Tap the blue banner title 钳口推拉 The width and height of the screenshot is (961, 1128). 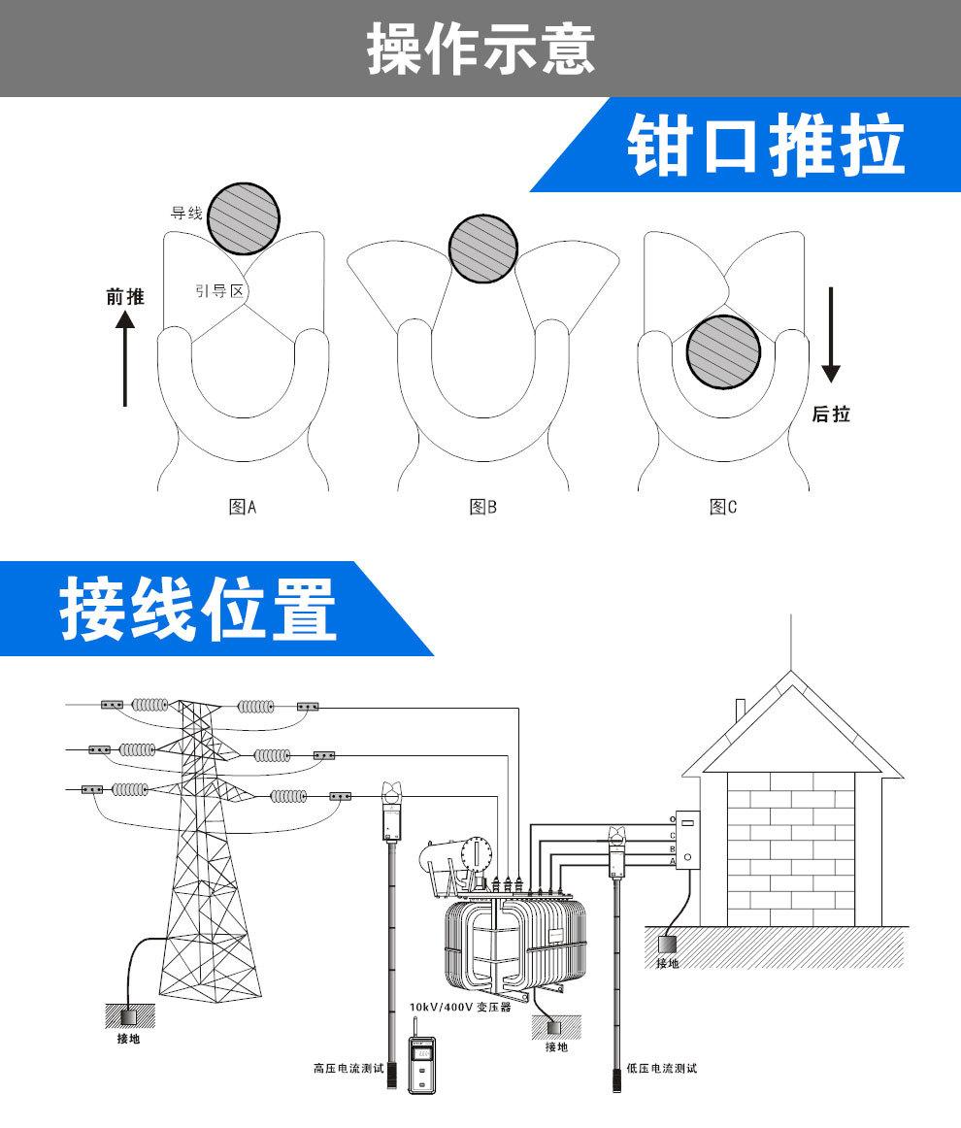click(766, 147)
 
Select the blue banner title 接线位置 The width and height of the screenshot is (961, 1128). click(199, 609)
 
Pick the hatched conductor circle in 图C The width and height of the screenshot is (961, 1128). click(724, 350)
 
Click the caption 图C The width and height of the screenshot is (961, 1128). click(723, 507)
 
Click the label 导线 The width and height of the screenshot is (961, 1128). click(186, 213)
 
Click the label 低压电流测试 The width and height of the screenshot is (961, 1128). click(662, 1069)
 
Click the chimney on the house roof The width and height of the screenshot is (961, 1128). click(740, 712)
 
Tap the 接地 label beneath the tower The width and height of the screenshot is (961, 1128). click(128, 1039)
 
